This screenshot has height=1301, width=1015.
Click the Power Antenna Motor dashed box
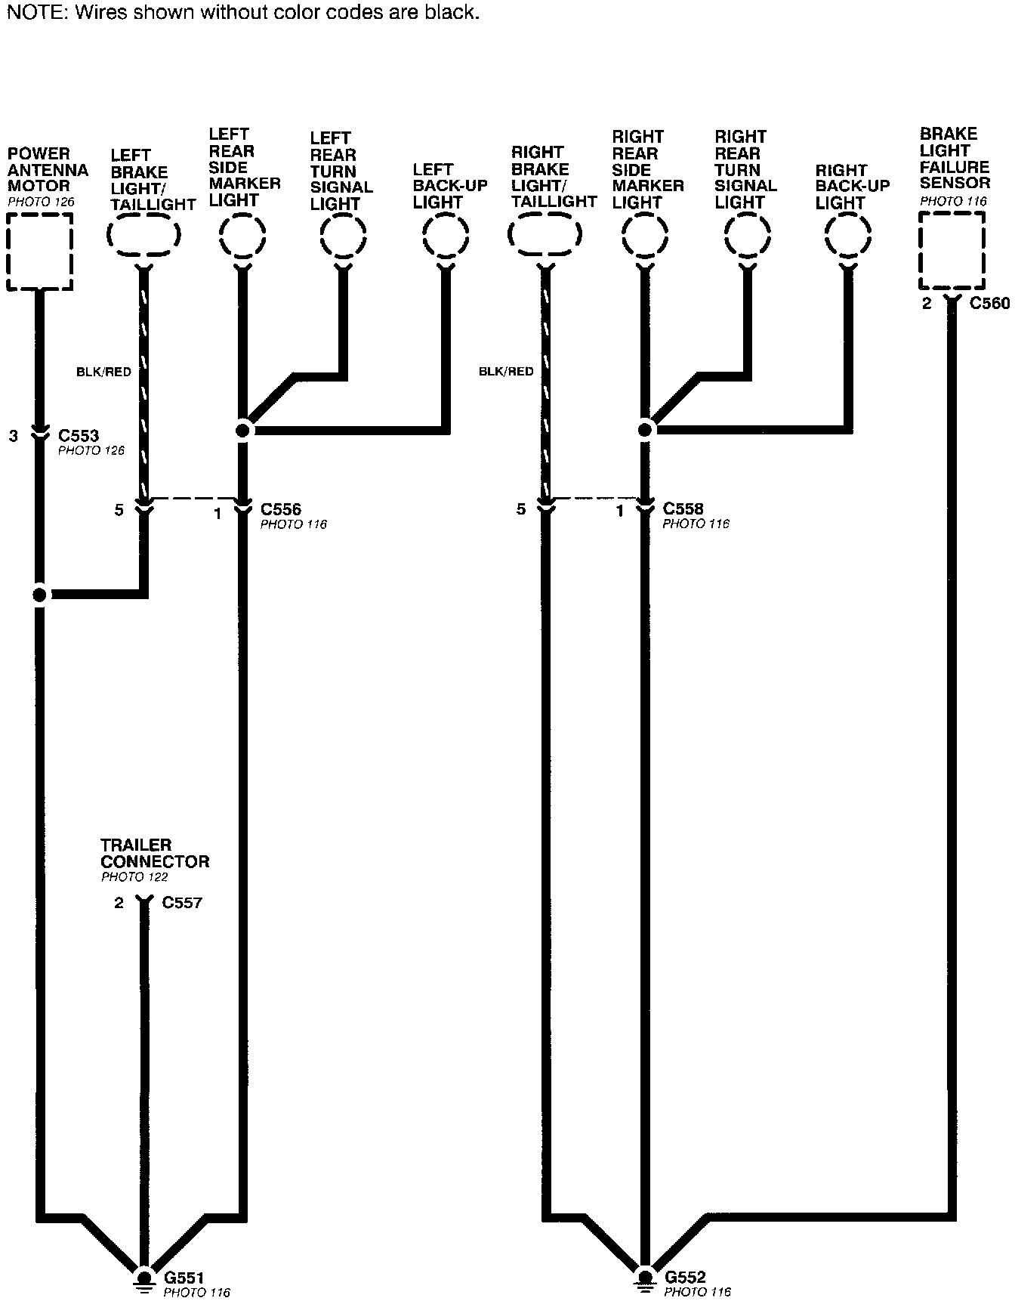pos(40,251)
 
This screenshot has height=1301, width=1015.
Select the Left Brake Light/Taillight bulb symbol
pos(143,235)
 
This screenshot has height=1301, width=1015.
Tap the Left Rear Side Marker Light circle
pos(242,236)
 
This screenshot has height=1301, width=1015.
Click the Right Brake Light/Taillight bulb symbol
pos(545,235)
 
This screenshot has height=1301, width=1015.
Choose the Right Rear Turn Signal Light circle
pos(747,236)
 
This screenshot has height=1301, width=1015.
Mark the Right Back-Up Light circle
pos(848,236)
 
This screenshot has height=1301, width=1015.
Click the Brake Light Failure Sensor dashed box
pos(952,250)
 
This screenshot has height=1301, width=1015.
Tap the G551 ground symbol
pos(142,1278)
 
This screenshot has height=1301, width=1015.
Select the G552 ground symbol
pos(644,1278)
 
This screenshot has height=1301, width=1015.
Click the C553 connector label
pos(79,436)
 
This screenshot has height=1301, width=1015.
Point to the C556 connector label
pos(281,509)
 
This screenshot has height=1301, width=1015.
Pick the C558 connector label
pos(683,509)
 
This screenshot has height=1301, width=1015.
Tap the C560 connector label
pos(989,304)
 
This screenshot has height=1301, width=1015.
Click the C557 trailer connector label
pos(182,902)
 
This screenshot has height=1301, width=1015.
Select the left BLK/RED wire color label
pos(103,372)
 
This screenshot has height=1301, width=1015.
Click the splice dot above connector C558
pos(645,429)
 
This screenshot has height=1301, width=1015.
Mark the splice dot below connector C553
pos(40,595)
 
